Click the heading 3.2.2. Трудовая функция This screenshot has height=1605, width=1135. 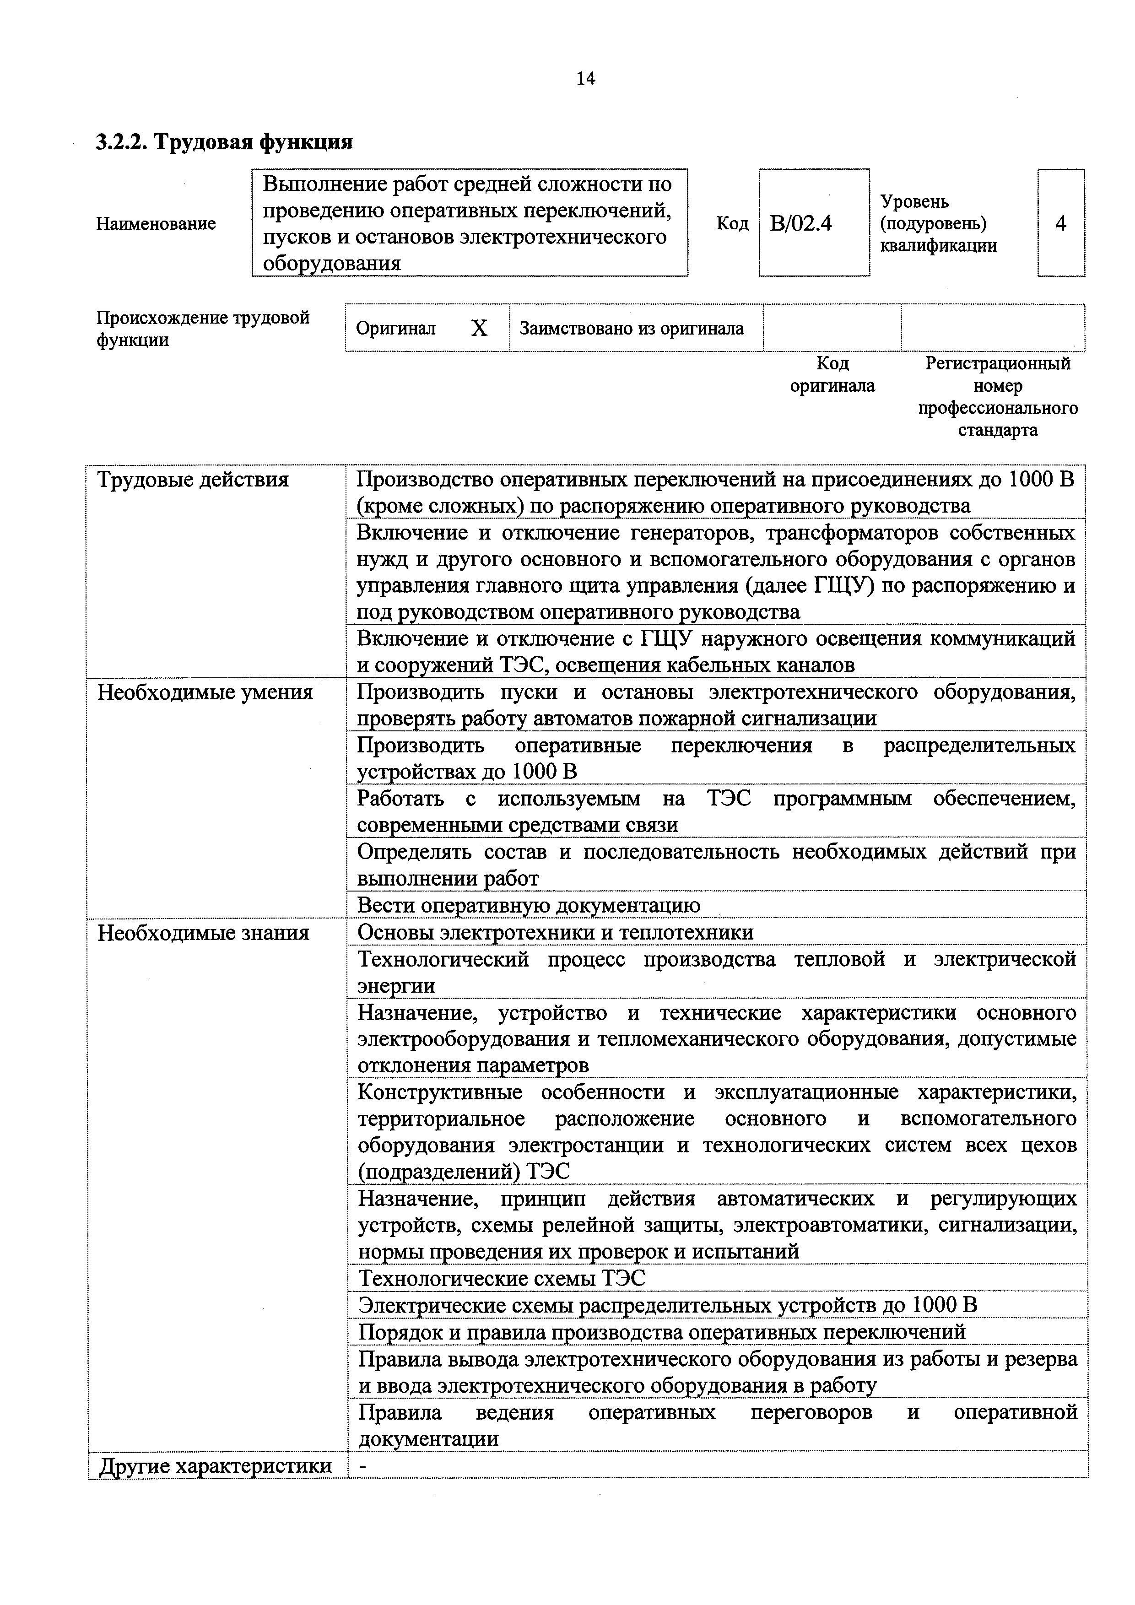(x=224, y=142)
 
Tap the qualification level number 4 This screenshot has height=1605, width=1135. (x=1060, y=224)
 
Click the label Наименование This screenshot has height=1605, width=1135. (x=156, y=224)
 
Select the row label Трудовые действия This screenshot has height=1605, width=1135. (x=193, y=480)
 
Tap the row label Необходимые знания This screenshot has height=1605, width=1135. (x=203, y=933)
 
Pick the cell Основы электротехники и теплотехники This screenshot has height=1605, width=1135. (x=556, y=933)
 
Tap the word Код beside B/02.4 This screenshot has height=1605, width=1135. (x=732, y=224)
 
